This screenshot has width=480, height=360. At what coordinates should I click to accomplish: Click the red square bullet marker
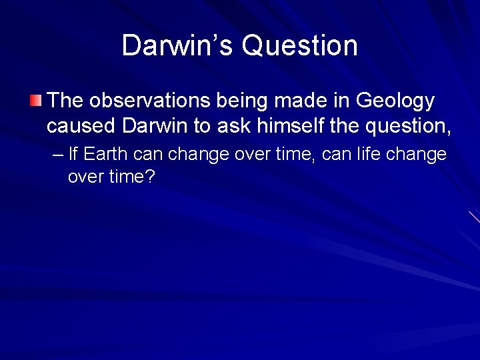[35, 101]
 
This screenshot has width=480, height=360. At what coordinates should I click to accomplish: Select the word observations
[139, 101]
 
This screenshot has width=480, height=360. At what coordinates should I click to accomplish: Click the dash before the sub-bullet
[57, 155]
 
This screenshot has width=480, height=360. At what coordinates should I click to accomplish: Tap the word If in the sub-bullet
[73, 155]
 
